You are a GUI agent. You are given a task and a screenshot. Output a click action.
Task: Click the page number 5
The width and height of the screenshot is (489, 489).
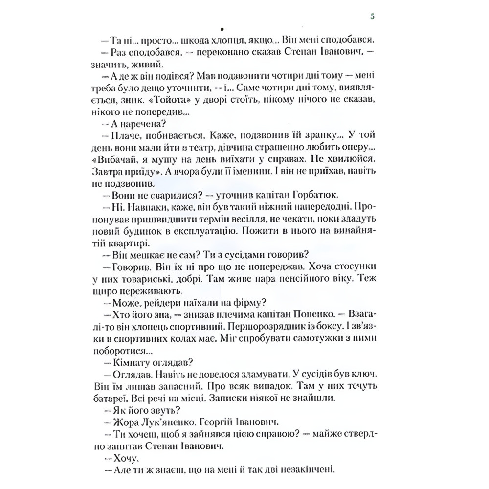coord(373,16)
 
